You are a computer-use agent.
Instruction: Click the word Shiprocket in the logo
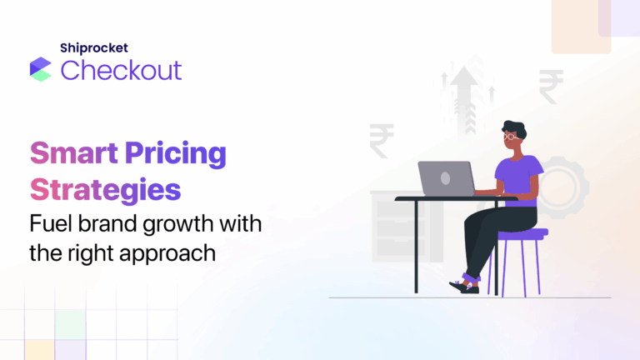[95, 49]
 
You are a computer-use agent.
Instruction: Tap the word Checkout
[121, 70]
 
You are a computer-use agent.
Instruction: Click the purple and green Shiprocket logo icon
[41, 69]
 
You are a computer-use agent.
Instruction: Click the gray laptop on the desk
[446, 178]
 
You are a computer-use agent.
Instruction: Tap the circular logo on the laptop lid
[445, 178]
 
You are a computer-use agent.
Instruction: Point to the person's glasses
[511, 136]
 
